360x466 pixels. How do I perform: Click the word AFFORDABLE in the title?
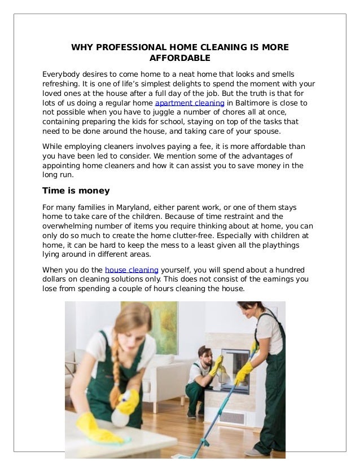coord(179,58)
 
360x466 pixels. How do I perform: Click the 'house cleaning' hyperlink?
coord(131,270)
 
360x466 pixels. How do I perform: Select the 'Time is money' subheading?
coord(76,191)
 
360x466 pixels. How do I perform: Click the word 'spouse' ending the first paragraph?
coord(264,131)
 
